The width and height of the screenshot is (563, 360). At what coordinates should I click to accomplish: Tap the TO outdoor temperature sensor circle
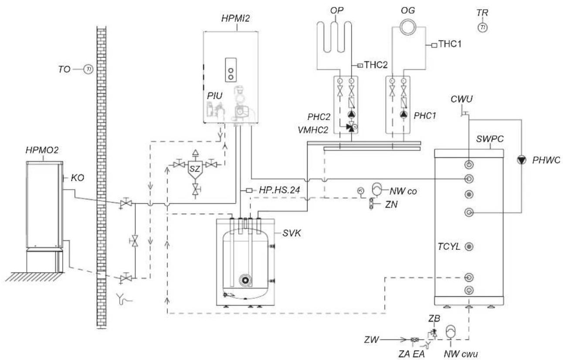pyautogui.click(x=88, y=69)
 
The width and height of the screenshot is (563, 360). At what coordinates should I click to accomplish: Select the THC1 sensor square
pyautogui.click(x=434, y=45)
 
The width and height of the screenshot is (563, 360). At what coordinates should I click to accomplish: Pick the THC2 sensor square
pyautogui.click(x=360, y=65)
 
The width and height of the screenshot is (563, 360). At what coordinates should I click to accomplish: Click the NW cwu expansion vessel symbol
pyautogui.click(x=451, y=331)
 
